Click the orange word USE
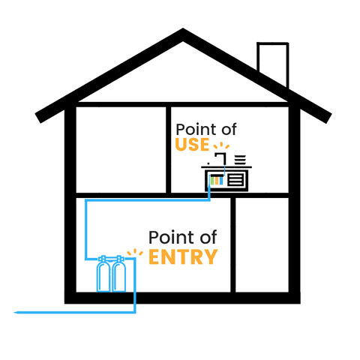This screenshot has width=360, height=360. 192,145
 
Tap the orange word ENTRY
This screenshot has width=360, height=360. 183,256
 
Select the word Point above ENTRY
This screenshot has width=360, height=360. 166,237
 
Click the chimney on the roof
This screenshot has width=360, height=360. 273,64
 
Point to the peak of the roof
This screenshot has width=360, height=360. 183,28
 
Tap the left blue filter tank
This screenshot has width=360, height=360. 103,274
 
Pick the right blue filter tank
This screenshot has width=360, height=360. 119,274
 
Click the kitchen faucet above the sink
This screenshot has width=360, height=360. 221,158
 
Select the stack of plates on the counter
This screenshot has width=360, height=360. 240,160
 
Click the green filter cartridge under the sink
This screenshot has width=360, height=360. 212,181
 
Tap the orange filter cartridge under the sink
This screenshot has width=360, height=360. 217,181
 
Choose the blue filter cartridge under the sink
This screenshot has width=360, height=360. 220,181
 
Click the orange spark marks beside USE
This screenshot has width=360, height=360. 221,145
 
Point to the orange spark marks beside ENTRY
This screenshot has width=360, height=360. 135,252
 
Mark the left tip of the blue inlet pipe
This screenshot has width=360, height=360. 14,312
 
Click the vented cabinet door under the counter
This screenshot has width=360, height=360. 235,180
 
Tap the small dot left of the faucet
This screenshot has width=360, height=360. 208,164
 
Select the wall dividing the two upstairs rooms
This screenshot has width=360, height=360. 168,150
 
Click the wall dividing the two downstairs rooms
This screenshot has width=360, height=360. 233,244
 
